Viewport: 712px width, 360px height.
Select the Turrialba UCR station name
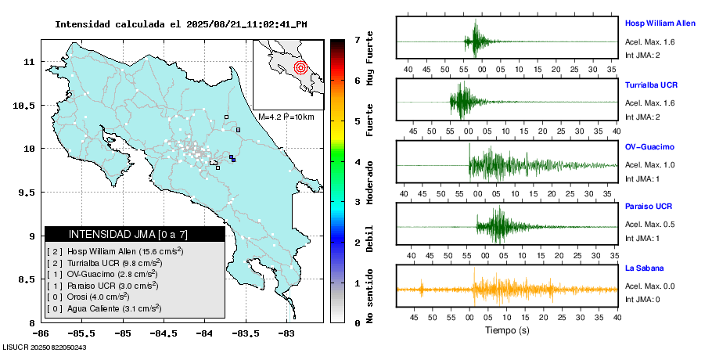[651, 84]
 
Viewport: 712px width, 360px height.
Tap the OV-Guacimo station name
[649, 146]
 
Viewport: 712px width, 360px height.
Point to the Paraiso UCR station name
[649, 207]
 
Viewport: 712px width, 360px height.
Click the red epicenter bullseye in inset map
[300, 67]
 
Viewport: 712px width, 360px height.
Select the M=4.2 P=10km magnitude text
[286, 117]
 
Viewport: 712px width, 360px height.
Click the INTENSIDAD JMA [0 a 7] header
[135, 234]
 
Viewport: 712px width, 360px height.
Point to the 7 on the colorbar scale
[357, 39]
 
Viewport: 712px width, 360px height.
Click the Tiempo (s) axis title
[507, 330]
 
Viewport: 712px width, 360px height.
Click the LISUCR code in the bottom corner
[45, 347]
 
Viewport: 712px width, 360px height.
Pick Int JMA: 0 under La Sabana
[642, 299]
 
